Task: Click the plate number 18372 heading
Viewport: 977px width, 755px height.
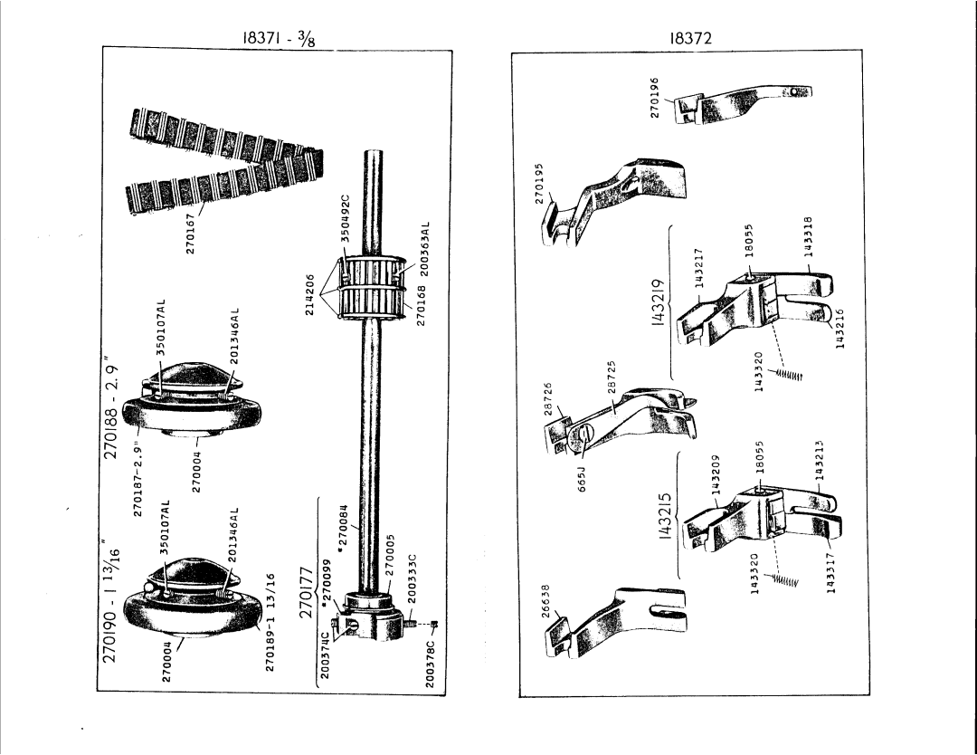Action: click(692, 39)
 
